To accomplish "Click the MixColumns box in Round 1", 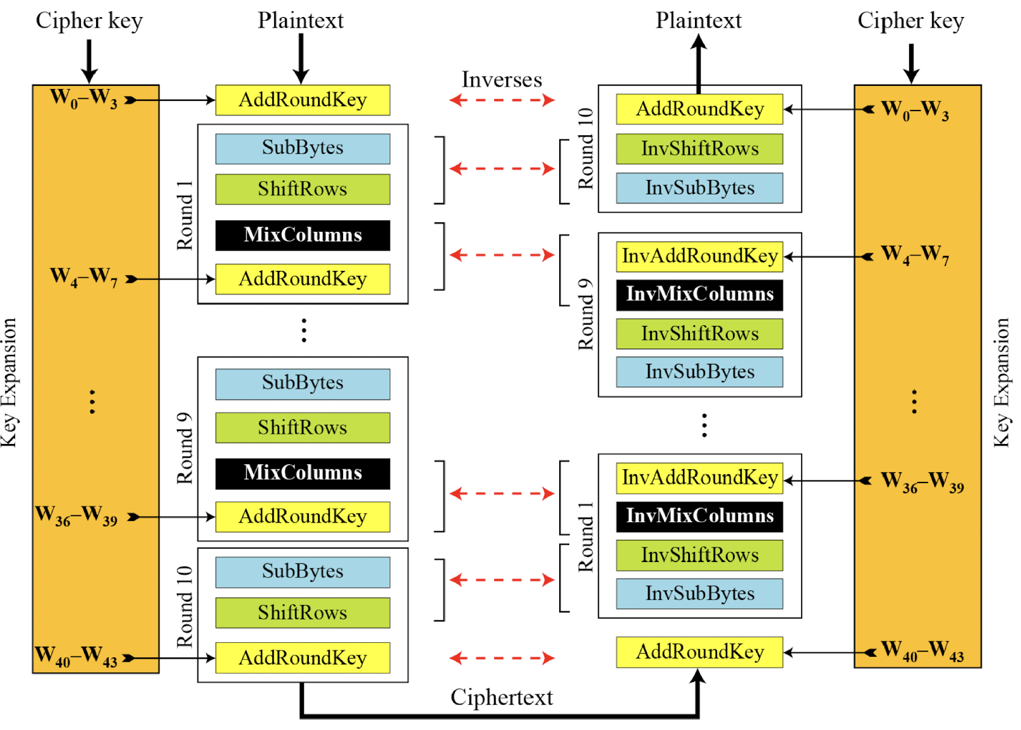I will pyautogui.click(x=303, y=235).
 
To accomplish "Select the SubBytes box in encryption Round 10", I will pyautogui.click(x=303, y=571).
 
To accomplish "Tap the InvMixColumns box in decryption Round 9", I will pyautogui.click(x=699, y=294).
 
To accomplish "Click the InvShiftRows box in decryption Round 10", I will pyautogui.click(x=699, y=149).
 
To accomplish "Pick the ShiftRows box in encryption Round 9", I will pyautogui.click(x=303, y=428).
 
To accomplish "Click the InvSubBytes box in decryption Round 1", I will pyautogui.click(x=699, y=594).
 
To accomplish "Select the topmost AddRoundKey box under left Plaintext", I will pyautogui.click(x=303, y=100).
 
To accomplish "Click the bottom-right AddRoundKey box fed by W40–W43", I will pyautogui.click(x=699, y=652).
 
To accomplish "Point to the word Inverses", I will pyautogui.click(x=502, y=80).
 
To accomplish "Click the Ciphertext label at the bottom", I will pyautogui.click(x=502, y=697).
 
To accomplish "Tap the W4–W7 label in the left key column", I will pyautogui.click(x=83, y=277).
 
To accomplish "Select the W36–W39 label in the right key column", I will pyautogui.click(x=922, y=482).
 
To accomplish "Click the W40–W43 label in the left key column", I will pyautogui.click(x=76, y=656).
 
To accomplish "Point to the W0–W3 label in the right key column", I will pyautogui.click(x=915, y=110).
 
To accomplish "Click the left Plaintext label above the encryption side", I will pyautogui.click(x=301, y=20).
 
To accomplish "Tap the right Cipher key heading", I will pyautogui.click(x=910, y=21).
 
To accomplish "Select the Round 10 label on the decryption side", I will pyautogui.click(x=586, y=148).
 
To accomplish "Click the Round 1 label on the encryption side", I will pyautogui.click(x=184, y=215).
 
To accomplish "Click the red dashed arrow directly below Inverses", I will pyautogui.click(x=502, y=100).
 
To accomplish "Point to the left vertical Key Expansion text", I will pyautogui.click(x=9, y=383).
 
